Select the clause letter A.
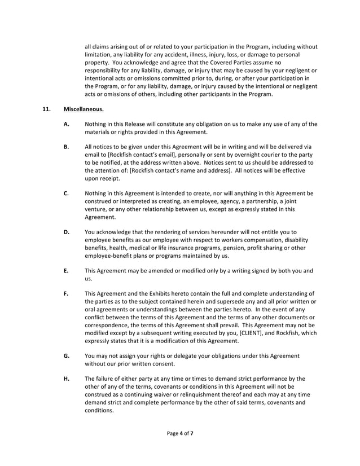(x=66, y=124)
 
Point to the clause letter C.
(x=66, y=193)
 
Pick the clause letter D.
(x=66, y=231)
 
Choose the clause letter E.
(x=66, y=270)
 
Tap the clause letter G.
(x=66, y=355)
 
